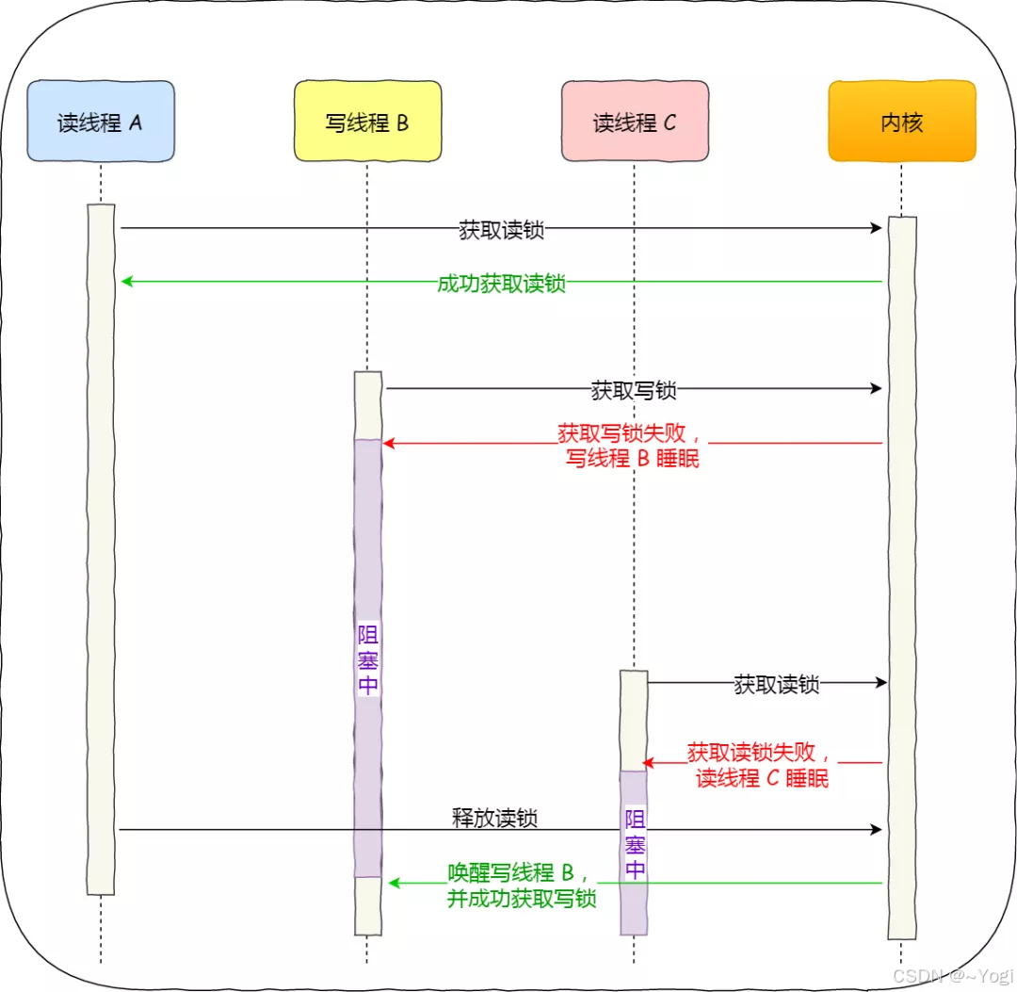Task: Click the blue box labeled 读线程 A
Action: (101, 122)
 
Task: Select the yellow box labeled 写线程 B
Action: (367, 122)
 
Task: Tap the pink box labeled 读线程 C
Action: (635, 122)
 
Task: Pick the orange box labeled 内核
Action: (901, 122)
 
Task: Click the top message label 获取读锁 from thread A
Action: (501, 229)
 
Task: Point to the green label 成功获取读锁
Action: (501, 284)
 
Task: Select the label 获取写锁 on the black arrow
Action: (633, 389)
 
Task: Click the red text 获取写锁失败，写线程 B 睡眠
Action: (632, 446)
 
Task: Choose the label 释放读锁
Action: (494, 818)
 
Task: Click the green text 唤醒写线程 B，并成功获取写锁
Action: (522, 886)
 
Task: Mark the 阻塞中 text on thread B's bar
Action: (368, 659)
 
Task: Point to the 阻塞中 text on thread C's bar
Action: (636, 843)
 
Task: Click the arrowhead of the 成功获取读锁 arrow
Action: (127, 281)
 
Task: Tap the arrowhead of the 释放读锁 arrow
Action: (876, 829)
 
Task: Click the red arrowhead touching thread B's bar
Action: (388, 443)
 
